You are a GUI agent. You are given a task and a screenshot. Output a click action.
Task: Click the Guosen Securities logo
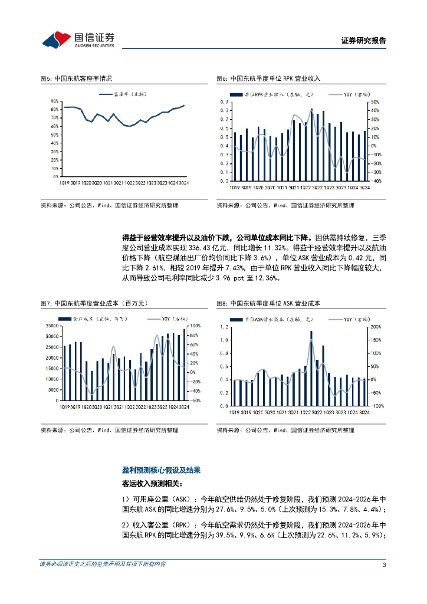click(x=77, y=40)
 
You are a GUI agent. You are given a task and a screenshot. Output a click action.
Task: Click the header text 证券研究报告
click(x=363, y=41)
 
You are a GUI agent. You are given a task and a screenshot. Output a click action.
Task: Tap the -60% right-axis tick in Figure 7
click(x=196, y=400)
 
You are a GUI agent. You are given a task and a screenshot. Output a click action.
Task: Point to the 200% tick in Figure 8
click(x=374, y=326)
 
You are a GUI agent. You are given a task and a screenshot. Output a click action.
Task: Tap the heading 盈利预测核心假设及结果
click(x=161, y=470)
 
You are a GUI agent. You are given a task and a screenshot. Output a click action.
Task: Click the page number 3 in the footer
click(x=384, y=564)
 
